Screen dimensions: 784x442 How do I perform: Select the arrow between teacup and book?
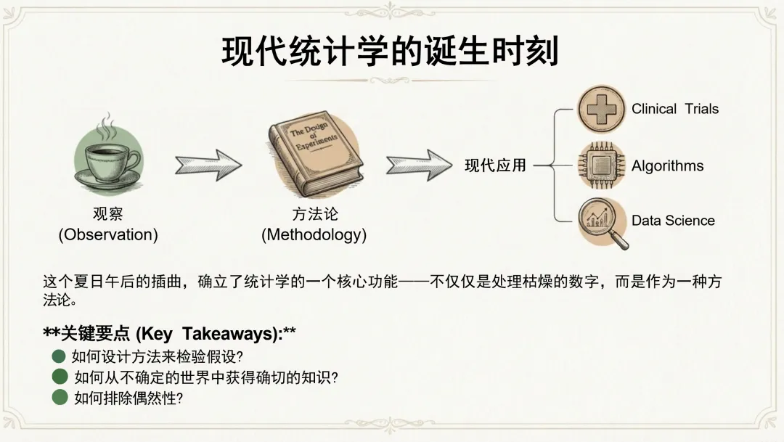click(x=208, y=165)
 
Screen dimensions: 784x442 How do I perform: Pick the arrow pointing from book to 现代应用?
click(x=419, y=165)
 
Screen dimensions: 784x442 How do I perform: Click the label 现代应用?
click(x=495, y=165)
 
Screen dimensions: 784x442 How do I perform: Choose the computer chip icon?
click(x=601, y=165)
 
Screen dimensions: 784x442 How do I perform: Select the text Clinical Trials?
click(x=675, y=110)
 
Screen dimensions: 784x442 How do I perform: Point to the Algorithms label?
click(x=667, y=165)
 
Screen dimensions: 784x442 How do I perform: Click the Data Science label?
click(x=673, y=221)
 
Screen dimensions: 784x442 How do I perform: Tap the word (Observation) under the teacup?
click(x=108, y=234)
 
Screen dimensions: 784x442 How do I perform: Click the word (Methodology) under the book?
click(x=314, y=234)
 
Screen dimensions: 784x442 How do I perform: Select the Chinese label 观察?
click(x=108, y=214)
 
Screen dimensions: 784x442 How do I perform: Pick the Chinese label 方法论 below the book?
click(x=314, y=214)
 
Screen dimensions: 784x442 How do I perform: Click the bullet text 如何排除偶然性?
click(x=128, y=398)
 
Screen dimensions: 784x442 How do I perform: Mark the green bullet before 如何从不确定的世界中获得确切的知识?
click(x=60, y=377)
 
